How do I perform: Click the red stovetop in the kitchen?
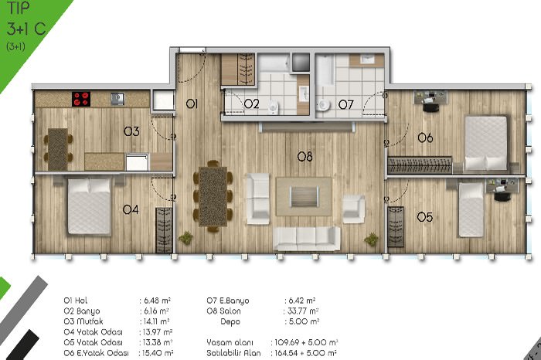[x=81, y=99]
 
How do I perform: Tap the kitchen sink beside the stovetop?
[x=117, y=99]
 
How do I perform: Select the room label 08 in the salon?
[x=305, y=157]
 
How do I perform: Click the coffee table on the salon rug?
[x=304, y=196]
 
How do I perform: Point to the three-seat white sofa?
[x=307, y=238]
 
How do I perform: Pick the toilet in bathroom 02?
[x=274, y=107]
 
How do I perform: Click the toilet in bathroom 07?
[x=323, y=104]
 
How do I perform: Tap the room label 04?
[x=131, y=209]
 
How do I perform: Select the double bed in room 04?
[x=89, y=206]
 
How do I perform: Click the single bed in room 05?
[x=471, y=209]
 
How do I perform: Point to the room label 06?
[x=425, y=138]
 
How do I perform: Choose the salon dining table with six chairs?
[x=213, y=196]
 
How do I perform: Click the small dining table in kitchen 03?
[x=58, y=149]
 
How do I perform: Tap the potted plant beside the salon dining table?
[x=185, y=238]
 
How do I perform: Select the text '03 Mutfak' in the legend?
[x=83, y=321]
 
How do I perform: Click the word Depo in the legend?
[x=230, y=321]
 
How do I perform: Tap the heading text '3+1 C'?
[x=26, y=29]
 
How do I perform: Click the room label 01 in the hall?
[x=192, y=104]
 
